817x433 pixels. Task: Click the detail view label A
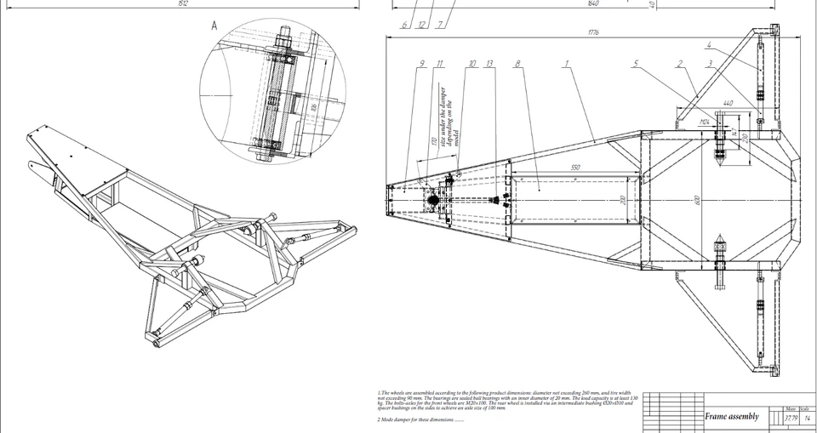pos(214,26)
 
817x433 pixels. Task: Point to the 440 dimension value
pos(728,103)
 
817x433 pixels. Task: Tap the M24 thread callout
pos(705,122)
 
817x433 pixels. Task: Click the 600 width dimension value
pos(697,201)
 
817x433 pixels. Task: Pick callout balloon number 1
pos(565,63)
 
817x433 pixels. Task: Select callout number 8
pos(517,63)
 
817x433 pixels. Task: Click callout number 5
pos(635,63)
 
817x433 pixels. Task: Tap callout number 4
pos(708,44)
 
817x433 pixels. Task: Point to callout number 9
pos(420,63)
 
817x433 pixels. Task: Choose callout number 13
pos(489,63)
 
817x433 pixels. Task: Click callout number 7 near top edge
pos(439,25)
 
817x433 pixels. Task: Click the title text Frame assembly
pos(731,417)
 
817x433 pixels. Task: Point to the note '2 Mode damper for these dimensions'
pos(421,419)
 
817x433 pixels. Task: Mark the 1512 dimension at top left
pos(182,3)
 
